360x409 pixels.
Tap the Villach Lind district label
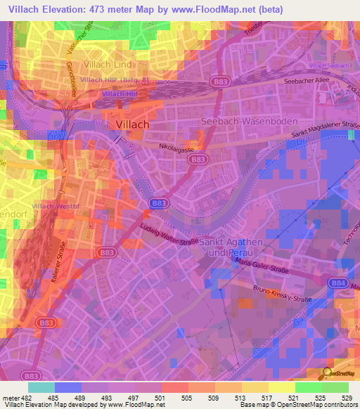(108, 65)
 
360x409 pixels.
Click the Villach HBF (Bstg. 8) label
(114, 80)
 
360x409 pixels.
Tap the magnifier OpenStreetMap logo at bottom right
(328, 374)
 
